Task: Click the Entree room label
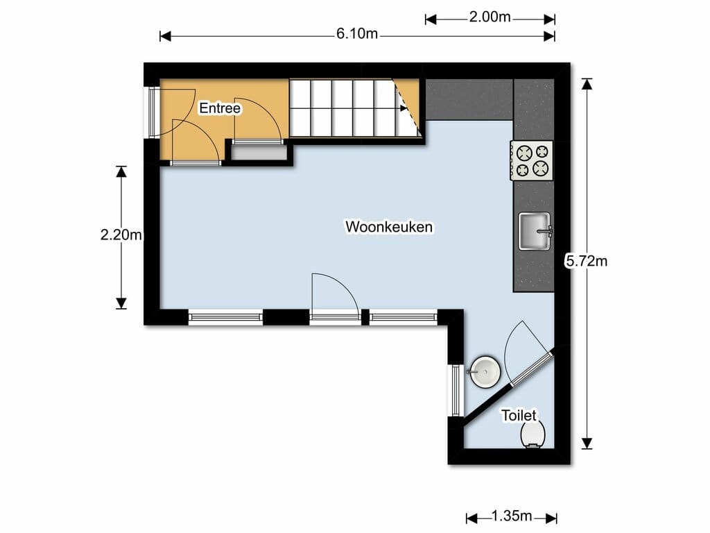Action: (220, 108)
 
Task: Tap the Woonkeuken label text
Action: (389, 226)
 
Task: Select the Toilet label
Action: (519, 415)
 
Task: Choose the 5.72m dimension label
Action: (587, 261)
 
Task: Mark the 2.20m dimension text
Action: (121, 235)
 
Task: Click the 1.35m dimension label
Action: (511, 516)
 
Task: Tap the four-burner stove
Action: (532, 160)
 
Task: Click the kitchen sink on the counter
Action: (535, 230)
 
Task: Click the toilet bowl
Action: (533, 435)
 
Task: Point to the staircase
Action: (347, 108)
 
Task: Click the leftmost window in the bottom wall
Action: (225, 318)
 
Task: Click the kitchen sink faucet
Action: (546, 230)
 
